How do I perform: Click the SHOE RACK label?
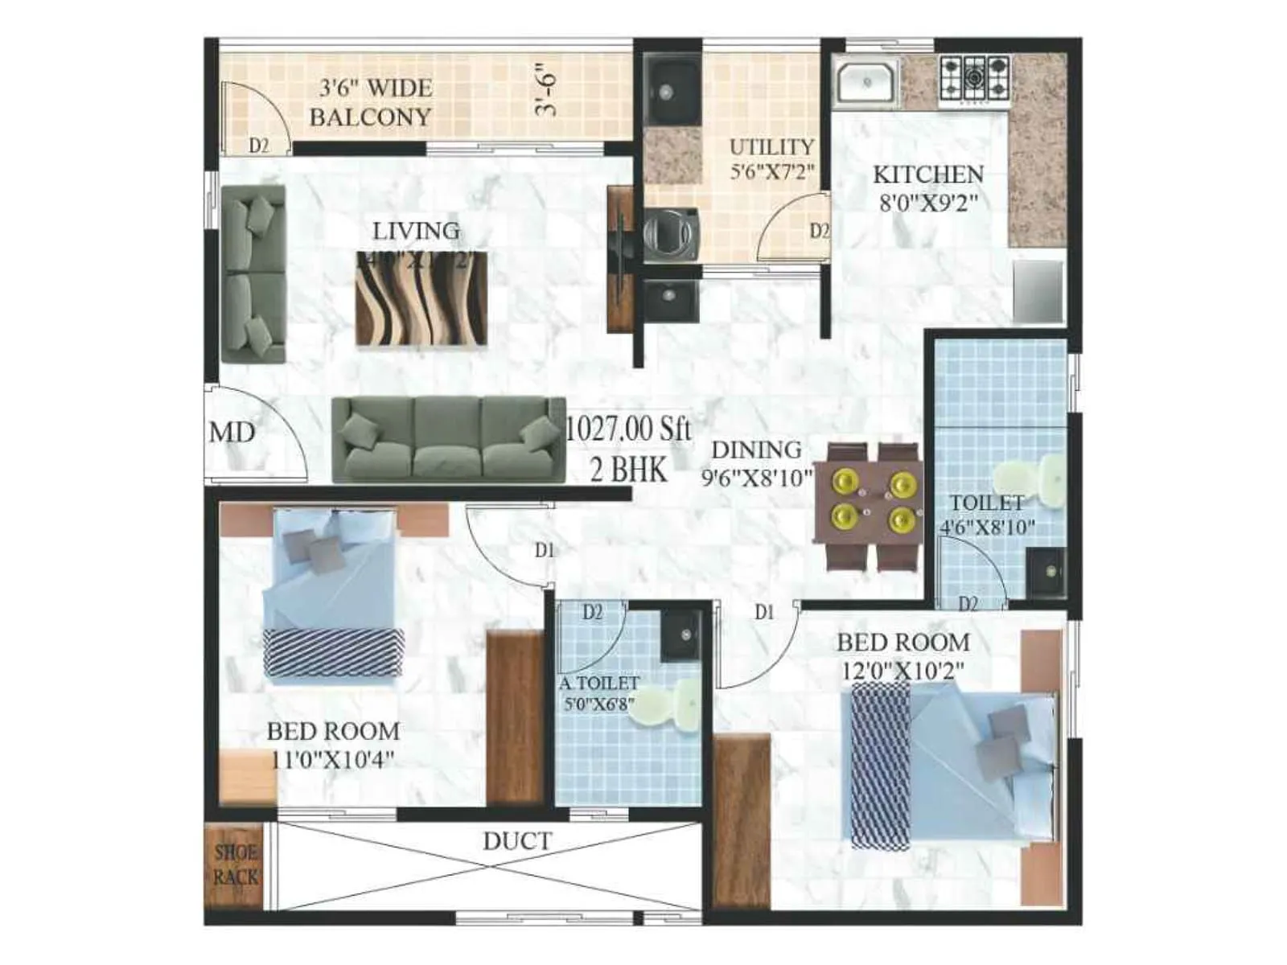coord(236,864)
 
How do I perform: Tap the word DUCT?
coord(517,842)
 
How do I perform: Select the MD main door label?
coord(232,433)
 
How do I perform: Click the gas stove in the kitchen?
coord(974,77)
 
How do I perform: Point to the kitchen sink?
coord(866,82)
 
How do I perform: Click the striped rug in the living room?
coord(421,299)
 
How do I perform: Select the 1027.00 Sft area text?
coord(628,429)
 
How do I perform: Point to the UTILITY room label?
coord(771,147)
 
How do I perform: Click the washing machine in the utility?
coord(671,235)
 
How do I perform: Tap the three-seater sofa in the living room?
coord(448,440)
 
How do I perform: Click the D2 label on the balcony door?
coord(258,146)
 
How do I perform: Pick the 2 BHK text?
coord(628,469)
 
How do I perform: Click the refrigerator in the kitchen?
coord(1038,291)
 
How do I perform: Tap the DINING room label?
coord(756,450)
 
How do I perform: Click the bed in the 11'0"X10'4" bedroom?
coord(332,595)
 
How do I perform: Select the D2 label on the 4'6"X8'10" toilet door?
coord(968,603)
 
